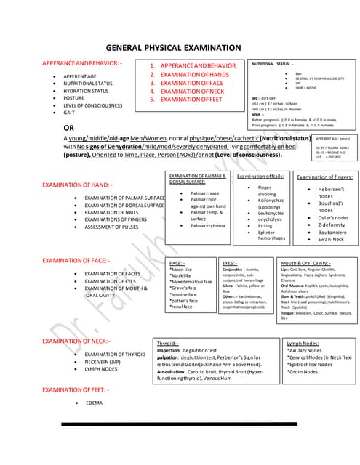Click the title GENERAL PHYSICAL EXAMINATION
point(179,48)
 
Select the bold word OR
point(71,128)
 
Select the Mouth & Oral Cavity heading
point(306,262)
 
